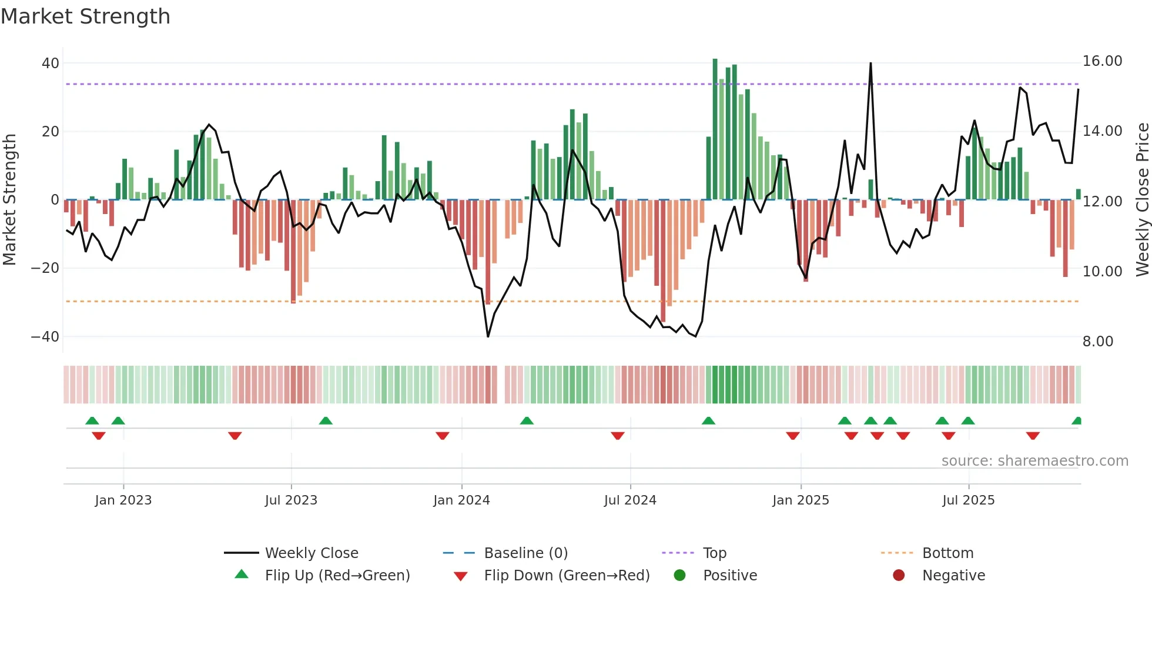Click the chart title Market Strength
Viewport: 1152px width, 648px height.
[85, 16]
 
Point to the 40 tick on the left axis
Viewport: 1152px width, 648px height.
[51, 63]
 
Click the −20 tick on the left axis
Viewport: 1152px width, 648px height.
[45, 268]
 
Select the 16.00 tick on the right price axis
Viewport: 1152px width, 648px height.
[1102, 61]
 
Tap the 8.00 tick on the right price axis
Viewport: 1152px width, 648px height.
[1097, 342]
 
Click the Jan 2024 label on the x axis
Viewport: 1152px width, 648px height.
[461, 500]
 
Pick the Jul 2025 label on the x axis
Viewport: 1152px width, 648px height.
[968, 500]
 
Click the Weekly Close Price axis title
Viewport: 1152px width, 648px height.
[1142, 200]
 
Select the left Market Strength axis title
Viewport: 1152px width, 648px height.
[9, 200]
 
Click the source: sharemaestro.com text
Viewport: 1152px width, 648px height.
[1034, 461]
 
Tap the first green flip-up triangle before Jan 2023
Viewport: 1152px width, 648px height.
[92, 420]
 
